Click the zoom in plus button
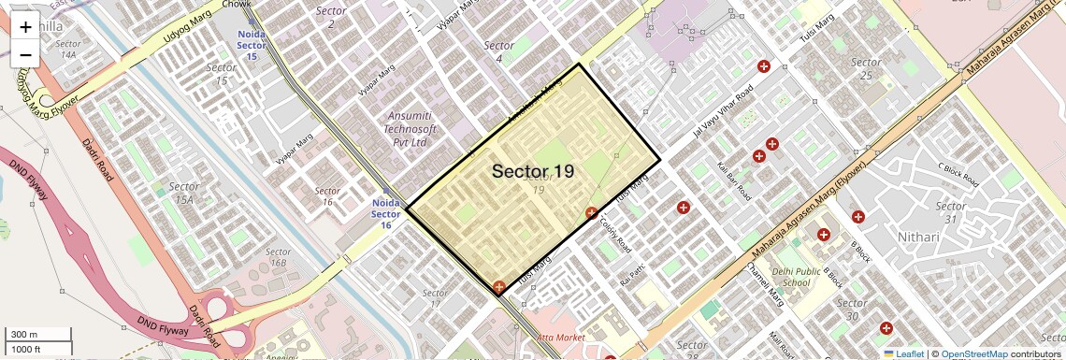pyautogui.click(x=25, y=27)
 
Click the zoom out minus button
pyautogui.click(x=25, y=54)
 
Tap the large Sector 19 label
pyautogui.click(x=532, y=171)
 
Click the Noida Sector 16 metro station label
pyautogui.click(x=385, y=213)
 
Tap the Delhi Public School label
pyautogui.click(x=797, y=277)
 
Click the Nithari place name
pyautogui.click(x=917, y=237)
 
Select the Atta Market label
pyautogui.click(x=561, y=337)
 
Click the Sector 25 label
pyautogui.click(x=867, y=68)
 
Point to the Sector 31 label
pyautogui.click(x=951, y=212)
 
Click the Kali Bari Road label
pyautogui.click(x=733, y=180)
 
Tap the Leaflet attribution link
pyautogui.click(x=903, y=354)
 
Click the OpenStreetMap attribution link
pyautogui.click(x=973, y=354)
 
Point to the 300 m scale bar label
pyautogui.click(x=24, y=335)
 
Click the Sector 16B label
pyautogui.click(x=278, y=257)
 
